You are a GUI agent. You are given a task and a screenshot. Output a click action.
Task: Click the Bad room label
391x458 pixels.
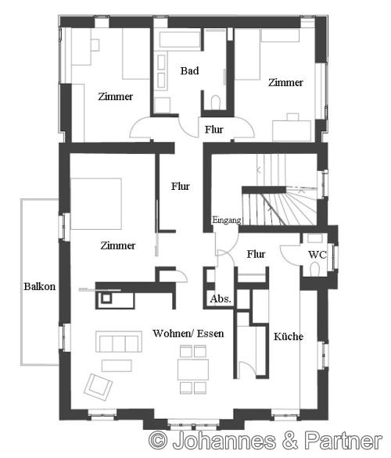189,71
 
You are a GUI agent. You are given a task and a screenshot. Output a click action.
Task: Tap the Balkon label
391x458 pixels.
39,286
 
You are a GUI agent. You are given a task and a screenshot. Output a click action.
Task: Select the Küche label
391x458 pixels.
288,337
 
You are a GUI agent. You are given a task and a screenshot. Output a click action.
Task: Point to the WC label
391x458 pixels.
317,255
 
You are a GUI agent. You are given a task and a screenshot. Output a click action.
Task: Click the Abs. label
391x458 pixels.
220,299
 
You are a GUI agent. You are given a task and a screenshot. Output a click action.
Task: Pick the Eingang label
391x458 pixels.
226,220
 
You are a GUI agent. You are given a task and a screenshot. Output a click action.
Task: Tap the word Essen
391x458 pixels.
211,333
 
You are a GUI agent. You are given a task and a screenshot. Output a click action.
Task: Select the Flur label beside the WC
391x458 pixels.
256,254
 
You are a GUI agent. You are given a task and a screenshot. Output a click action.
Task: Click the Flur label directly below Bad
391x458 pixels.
213,129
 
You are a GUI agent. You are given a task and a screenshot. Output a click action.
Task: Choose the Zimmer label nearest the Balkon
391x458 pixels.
117,245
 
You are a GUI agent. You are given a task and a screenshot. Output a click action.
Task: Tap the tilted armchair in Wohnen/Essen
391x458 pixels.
99,385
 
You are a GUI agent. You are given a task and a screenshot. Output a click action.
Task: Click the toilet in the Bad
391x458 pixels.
217,103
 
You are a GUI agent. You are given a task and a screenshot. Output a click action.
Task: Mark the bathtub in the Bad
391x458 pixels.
180,41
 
